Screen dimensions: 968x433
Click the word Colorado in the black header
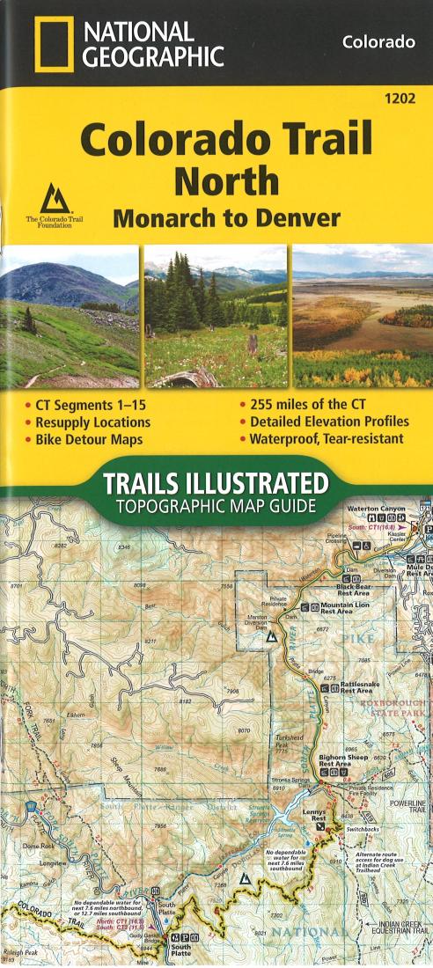[378, 40]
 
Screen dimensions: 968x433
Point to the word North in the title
[226, 180]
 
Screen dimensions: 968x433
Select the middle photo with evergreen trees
[215, 315]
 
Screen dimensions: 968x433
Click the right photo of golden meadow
[362, 315]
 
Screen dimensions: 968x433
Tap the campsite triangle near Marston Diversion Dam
[271, 635]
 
